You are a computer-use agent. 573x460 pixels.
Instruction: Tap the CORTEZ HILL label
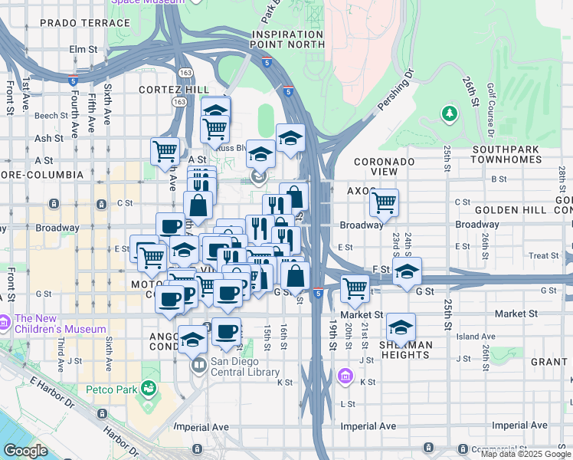pos(169,90)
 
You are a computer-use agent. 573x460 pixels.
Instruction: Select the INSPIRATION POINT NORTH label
pos(287,40)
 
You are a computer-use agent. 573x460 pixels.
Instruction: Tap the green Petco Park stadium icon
pos(149,389)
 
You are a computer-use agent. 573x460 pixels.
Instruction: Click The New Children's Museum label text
pos(60,324)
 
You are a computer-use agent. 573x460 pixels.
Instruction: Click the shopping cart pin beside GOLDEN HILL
pos(384,203)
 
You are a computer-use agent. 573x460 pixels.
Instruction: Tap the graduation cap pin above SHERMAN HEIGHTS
pos(401,327)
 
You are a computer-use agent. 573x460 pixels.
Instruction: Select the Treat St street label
pos(543,256)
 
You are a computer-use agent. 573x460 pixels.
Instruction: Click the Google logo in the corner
pos(25,451)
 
